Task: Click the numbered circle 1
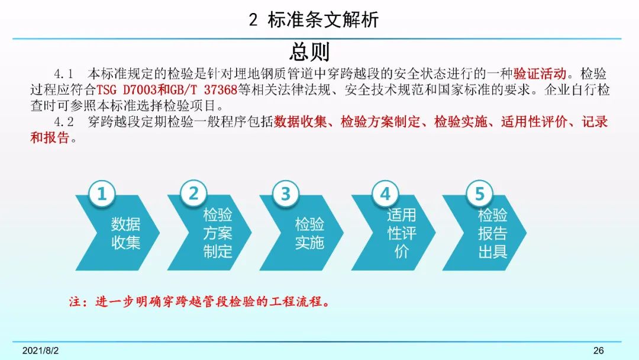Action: [102, 193]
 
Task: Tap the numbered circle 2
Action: [193, 193]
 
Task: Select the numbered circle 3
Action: [286, 193]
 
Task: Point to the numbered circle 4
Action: [385, 193]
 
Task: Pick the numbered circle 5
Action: [480, 193]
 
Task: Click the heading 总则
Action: [309, 52]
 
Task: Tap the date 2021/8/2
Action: [40, 351]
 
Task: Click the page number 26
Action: [599, 351]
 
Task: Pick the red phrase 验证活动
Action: [540, 74]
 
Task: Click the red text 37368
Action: [221, 89]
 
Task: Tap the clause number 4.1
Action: [63, 74]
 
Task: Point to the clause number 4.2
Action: [63, 122]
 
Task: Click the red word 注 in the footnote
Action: [75, 302]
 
